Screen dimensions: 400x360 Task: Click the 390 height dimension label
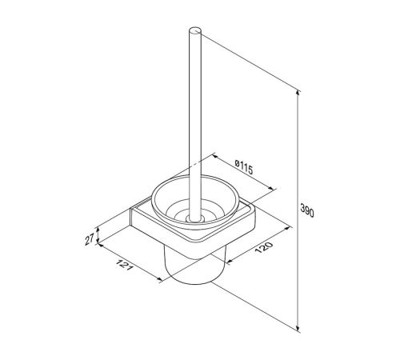click(307, 210)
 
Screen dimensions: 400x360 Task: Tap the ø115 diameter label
click(243, 167)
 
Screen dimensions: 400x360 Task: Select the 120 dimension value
click(264, 247)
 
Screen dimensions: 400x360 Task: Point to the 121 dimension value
click(124, 264)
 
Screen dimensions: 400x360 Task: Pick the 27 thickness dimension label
click(90, 239)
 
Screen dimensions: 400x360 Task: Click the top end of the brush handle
click(195, 30)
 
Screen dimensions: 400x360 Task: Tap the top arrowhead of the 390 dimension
click(298, 93)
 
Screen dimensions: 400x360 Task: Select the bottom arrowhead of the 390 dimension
click(298, 329)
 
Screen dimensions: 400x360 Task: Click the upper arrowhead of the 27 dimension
click(98, 230)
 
